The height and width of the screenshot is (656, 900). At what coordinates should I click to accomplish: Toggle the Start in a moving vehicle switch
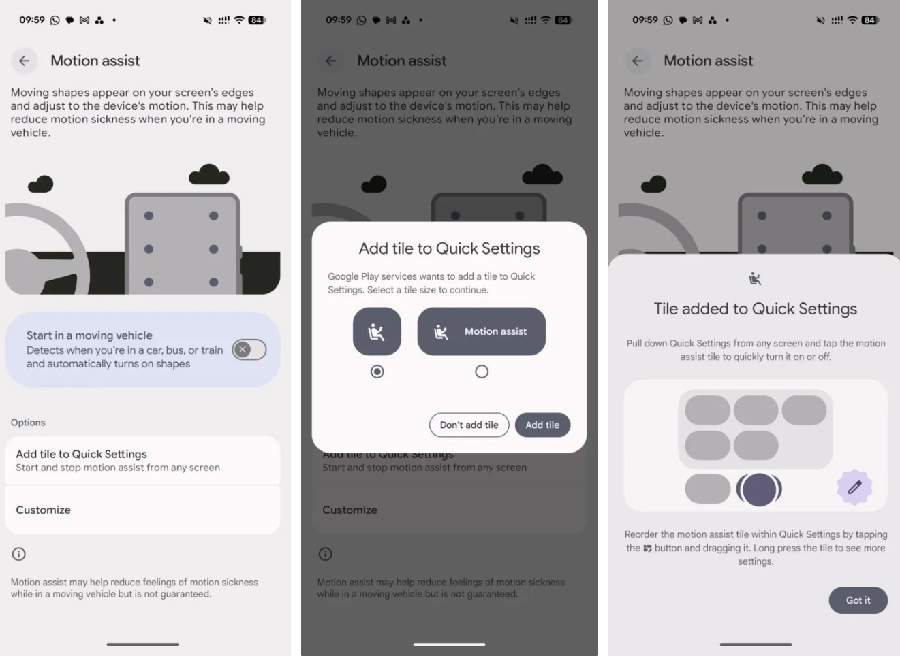pos(249,350)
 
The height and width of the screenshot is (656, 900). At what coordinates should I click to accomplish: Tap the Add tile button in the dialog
pos(542,425)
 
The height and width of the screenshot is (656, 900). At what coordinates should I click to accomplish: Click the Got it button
pos(858,600)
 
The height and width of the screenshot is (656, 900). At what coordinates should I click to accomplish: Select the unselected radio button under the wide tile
pos(482,372)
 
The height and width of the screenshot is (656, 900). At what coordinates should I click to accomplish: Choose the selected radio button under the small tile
pos(377,372)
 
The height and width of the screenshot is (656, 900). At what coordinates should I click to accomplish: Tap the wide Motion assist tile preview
pos(481,331)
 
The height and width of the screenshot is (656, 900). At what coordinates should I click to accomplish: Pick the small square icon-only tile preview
pos(377,331)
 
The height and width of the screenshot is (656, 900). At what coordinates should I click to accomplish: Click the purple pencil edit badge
pos(854,487)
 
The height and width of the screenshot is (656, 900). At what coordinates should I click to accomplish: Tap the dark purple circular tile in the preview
pos(759,489)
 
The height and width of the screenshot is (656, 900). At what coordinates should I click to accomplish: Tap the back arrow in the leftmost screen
pos(25,61)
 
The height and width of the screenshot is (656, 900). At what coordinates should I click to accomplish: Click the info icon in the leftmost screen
pos(19,554)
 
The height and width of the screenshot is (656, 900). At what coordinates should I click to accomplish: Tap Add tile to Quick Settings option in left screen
pos(142,460)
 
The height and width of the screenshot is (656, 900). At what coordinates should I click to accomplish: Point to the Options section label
pos(28,423)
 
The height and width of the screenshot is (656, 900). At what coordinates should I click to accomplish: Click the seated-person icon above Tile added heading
pos(755,278)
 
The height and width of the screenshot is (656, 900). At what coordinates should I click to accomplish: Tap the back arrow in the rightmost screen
pos(638,61)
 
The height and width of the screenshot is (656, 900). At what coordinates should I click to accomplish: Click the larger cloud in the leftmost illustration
pos(209,174)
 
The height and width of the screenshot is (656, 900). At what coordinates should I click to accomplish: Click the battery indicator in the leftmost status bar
pos(257,20)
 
